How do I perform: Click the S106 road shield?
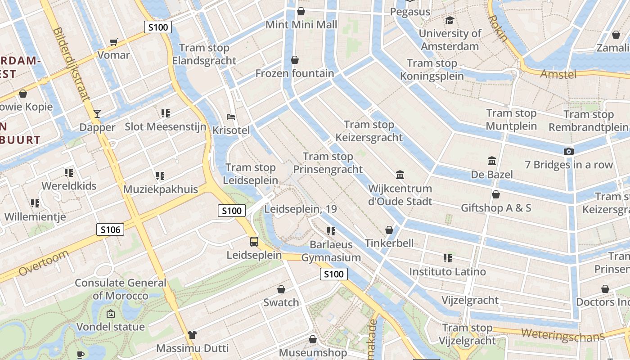point(110,230)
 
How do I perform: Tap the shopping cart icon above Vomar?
point(114,42)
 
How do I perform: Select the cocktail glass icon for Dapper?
point(97,114)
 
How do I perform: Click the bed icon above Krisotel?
point(231,117)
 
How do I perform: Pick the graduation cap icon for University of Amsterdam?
point(450,20)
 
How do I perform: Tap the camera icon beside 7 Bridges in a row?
point(569,151)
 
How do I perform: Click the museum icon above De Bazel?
point(492,161)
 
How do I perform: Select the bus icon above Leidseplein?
point(254,242)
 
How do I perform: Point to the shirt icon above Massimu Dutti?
point(192,334)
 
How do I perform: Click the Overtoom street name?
point(44,263)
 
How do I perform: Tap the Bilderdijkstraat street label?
point(72,63)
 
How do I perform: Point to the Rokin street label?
point(498,28)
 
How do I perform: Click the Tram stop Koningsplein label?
point(432,70)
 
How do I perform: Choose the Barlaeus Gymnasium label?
point(331,251)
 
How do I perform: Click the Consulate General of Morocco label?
point(120,289)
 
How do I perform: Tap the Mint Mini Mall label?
point(301,24)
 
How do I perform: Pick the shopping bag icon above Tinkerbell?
point(389,230)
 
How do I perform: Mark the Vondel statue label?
point(111,327)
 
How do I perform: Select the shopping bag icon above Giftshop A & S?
point(496,194)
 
